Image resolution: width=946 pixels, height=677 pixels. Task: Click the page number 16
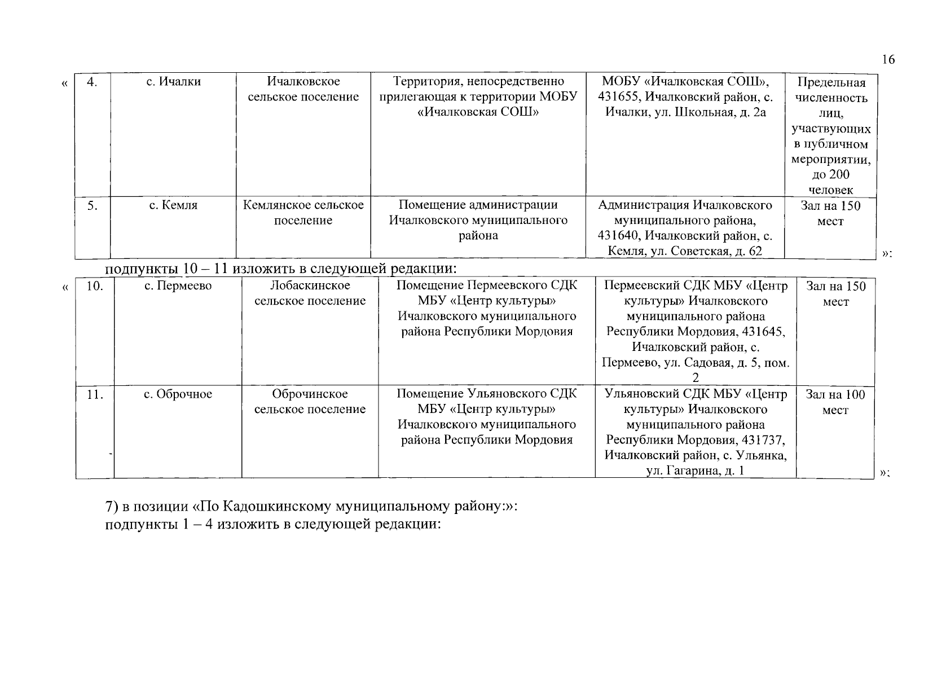click(x=888, y=60)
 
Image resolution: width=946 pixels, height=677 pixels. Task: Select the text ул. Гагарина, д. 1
click(x=695, y=471)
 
